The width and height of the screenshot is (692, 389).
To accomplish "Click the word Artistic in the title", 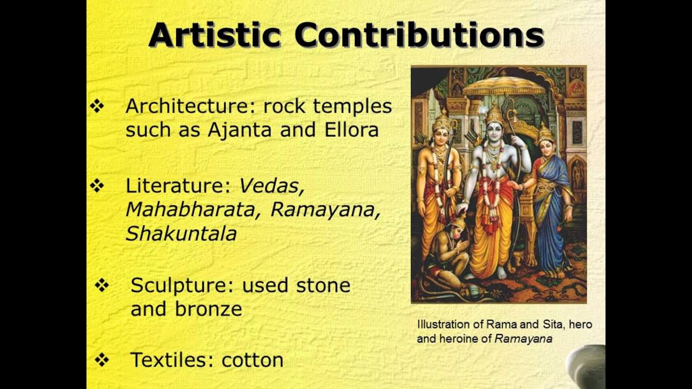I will click(215, 35).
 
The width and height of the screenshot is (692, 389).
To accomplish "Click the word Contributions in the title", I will click(419, 35).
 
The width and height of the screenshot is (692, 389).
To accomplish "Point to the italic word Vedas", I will click(272, 186).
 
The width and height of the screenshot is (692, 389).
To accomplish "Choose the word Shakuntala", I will click(181, 233).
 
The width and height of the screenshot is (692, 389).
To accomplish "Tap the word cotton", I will click(252, 360).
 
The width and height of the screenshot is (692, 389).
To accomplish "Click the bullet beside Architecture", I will click(97, 107).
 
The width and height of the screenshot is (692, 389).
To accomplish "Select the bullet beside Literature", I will click(97, 186).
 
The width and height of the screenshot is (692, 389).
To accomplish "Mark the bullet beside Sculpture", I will click(102, 285).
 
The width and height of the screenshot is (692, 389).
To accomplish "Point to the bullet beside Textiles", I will click(102, 360).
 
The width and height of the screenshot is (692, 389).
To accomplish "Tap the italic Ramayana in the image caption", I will click(524, 339).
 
